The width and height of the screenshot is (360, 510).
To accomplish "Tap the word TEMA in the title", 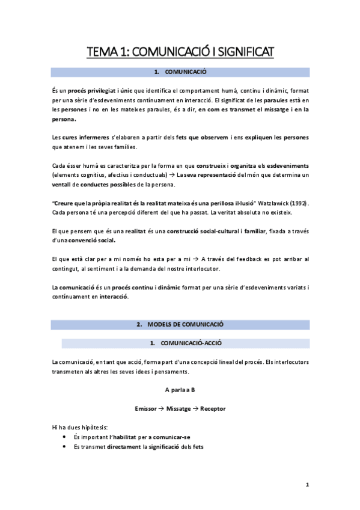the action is pos(103,52).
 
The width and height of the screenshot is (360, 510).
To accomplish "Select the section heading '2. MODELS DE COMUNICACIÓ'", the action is pos(180,324).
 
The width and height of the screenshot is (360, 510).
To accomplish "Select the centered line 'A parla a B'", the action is pos(180,390).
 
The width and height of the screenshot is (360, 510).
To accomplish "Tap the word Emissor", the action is pos(148,408).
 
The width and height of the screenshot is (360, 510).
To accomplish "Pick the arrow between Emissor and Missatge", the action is pos(164,408).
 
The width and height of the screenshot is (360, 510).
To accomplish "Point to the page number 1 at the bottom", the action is pos(307,485).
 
